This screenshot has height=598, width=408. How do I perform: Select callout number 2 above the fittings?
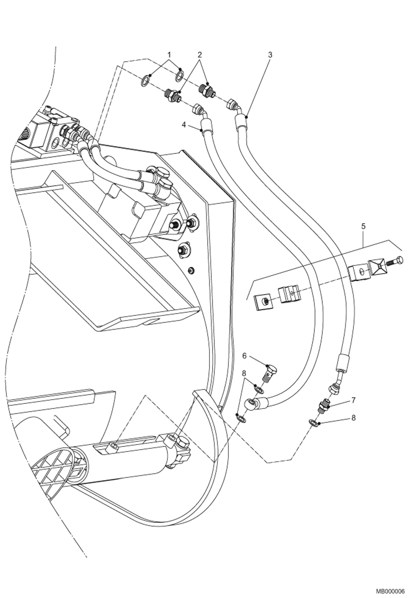[x=200, y=55]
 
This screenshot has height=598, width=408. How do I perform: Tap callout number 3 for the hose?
[x=270, y=55]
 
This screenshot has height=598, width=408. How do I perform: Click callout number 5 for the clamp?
[x=363, y=226]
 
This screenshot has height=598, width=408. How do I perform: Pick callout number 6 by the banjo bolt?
[x=244, y=356]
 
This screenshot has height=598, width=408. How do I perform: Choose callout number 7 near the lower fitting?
[x=353, y=400]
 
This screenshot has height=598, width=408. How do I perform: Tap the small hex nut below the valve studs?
[x=192, y=270]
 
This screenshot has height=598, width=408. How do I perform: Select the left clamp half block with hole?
[x=290, y=294]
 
